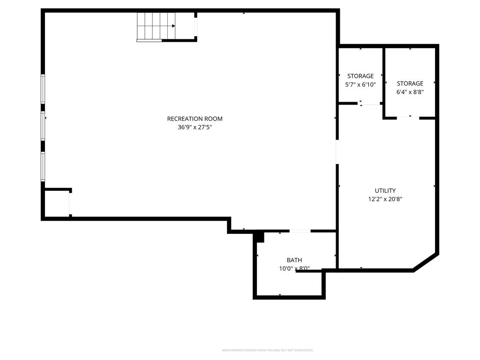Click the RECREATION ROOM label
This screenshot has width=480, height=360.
(195, 119)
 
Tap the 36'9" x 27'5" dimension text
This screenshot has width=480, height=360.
(195, 127)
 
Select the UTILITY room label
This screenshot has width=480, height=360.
(385, 190)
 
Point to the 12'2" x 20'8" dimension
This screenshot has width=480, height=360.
(385, 199)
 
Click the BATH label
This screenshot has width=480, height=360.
(294, 260)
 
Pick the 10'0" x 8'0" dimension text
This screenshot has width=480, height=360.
(294, 269)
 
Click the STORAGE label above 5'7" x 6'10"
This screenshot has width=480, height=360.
(360, 76)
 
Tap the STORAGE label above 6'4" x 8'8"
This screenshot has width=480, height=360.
(410, 83)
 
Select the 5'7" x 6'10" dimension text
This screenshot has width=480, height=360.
(360, 84)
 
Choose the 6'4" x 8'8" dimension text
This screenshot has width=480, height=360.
(410, 92)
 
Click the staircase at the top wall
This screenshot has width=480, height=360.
(156, 26)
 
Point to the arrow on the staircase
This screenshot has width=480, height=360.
(173, 26)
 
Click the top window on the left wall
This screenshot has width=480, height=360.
(43, 89)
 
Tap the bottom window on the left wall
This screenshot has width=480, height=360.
(43, 166)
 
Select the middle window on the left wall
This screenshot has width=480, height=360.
(43, 126)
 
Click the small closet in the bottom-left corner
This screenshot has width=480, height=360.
(57, 203)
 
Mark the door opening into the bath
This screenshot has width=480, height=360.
(300, 231)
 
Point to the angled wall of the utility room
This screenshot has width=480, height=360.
(426, 262)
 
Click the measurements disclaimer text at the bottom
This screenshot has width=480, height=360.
(267, 350)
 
